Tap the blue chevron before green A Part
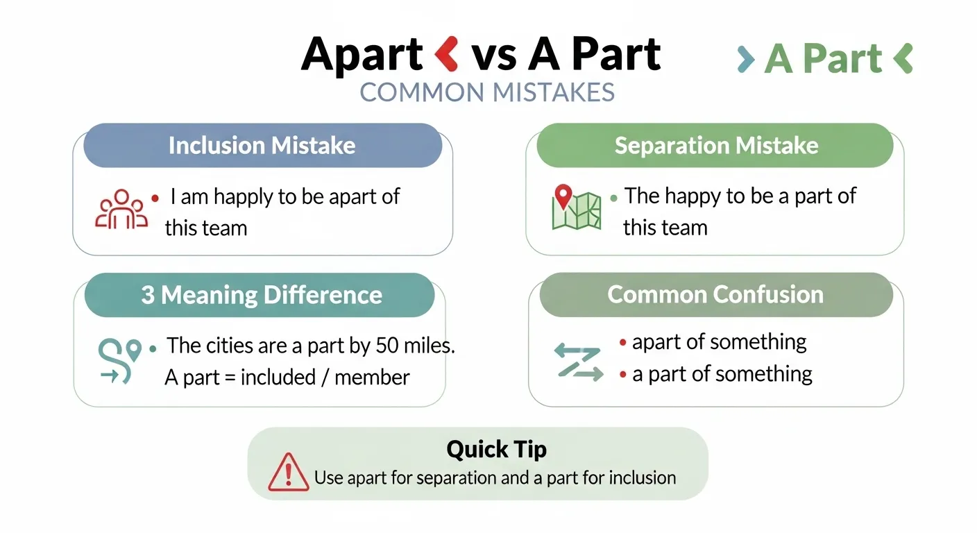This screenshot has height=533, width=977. (746, 60)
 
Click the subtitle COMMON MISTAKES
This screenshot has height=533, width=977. (487, 93)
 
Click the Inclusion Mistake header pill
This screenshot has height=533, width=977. (262, 146)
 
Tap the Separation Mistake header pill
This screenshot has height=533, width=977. (715, 146)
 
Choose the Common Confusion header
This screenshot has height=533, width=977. (715, 294)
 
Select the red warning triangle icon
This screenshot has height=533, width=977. (288, 472)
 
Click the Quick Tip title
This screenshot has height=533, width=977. (496, 449)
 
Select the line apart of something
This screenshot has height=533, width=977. (719, 342)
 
